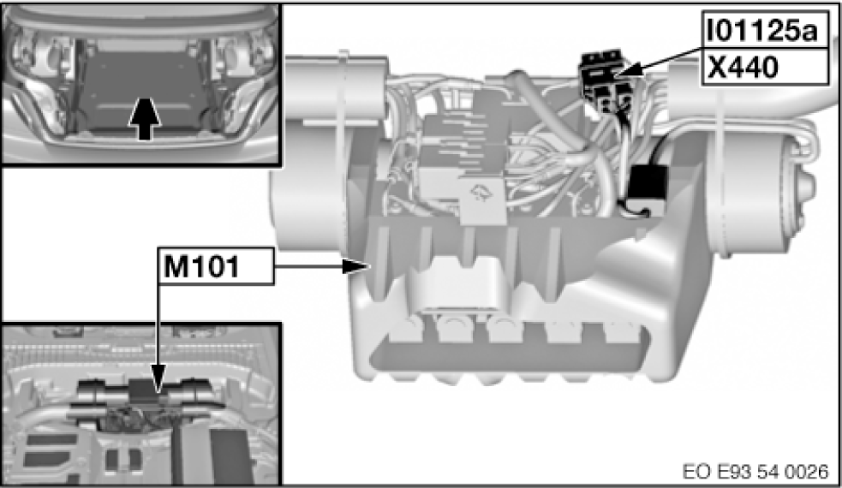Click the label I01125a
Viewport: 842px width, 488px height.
[x=762, y=32]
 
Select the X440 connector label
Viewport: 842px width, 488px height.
[x=743, y=68]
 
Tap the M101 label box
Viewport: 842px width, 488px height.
[x=215, y=265]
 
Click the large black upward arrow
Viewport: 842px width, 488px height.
[x=145, y=119]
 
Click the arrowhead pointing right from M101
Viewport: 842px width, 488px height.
[x=356, y=265]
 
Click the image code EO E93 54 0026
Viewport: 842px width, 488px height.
[x=755, y=472]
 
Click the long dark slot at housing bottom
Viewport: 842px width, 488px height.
[x=507, y=354]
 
